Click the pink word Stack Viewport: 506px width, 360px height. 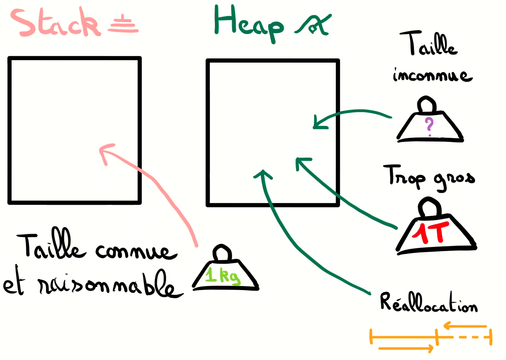click(56, 23)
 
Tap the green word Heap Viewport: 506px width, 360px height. click(248, 23)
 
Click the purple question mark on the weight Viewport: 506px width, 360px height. click(429, 126)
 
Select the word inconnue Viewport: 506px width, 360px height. click(432, 75)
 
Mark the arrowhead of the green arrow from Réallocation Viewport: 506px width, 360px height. click(263, 174)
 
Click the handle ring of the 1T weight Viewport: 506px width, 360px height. click(429, 207)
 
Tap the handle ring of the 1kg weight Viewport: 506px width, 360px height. click(222, 253)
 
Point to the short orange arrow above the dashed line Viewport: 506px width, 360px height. click(465, 326)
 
